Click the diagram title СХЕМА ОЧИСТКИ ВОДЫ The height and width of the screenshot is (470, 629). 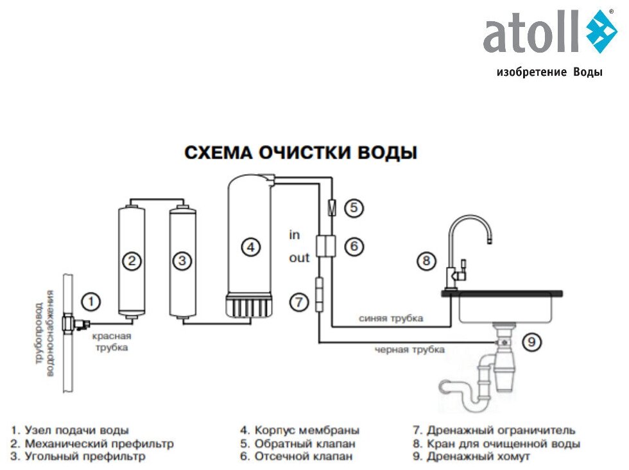tap(301, 153)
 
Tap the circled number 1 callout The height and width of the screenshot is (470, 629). tap(92, 300)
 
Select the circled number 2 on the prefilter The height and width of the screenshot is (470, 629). tap(132, 261)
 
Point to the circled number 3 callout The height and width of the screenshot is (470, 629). tap(182, 261)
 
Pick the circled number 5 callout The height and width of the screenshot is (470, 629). tap(354, 207)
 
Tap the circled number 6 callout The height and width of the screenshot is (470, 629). tap(354, 245)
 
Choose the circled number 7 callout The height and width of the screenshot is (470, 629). tap(299, 301)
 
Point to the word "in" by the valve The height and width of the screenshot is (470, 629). tap(294, 235)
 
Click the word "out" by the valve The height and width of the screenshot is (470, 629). tap(298, 257)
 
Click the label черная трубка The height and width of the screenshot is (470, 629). tap(409, 349)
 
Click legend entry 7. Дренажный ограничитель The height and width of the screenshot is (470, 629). tap(494, 430)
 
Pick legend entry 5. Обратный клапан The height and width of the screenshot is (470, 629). tap(297, 444)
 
